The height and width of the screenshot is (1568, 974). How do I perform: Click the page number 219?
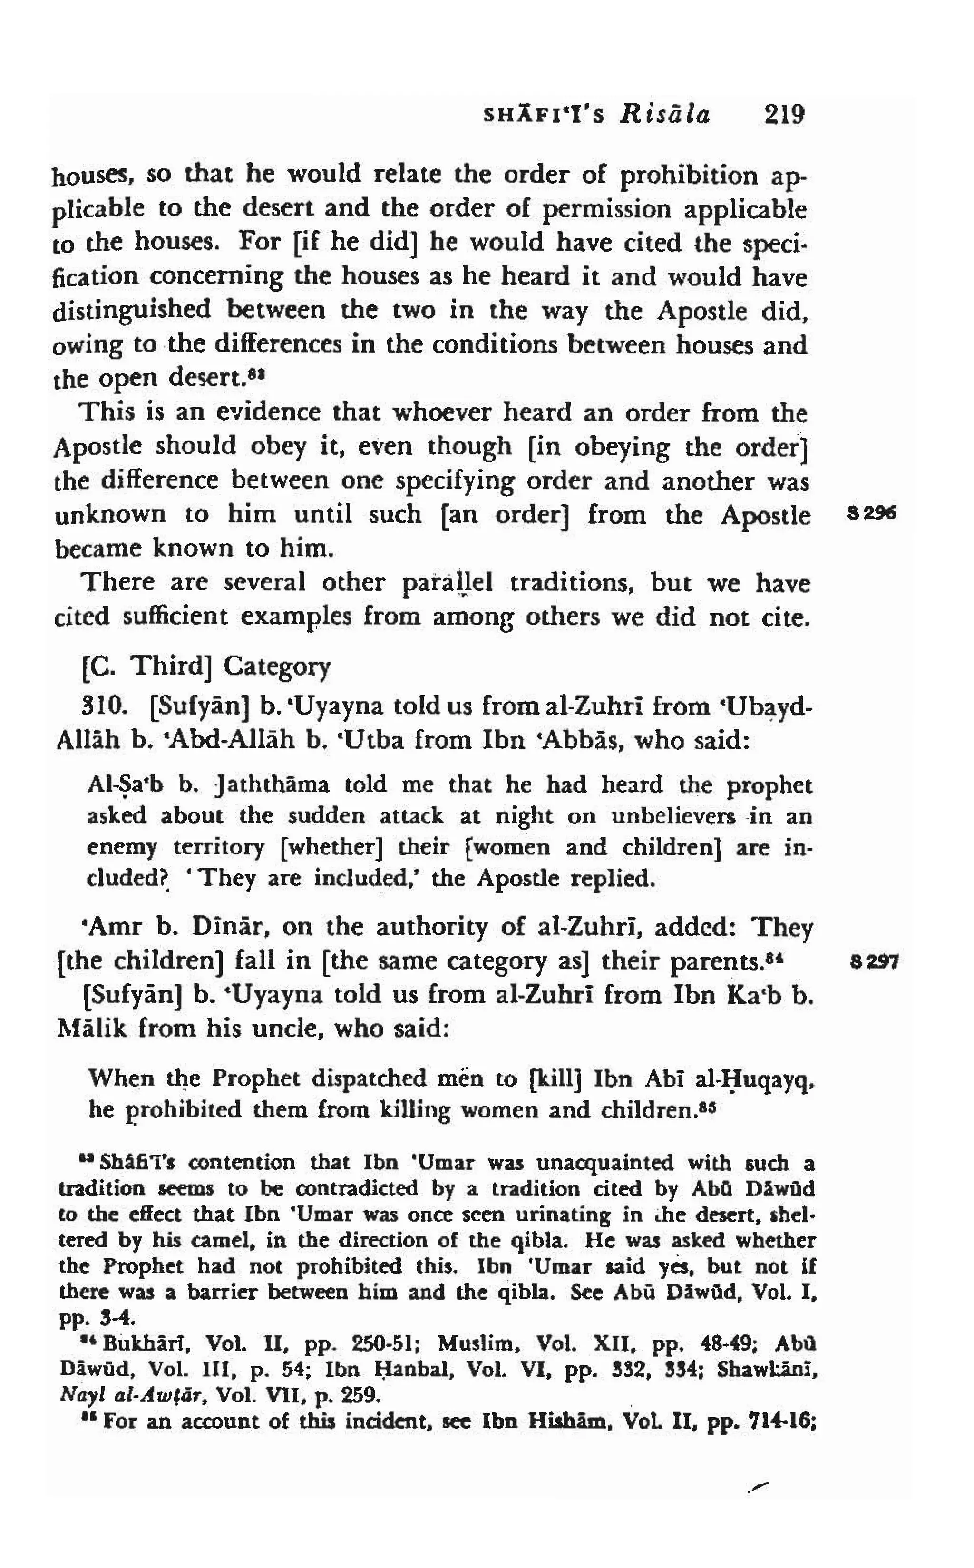pos(784,115)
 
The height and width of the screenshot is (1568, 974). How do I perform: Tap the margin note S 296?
pos(873,514)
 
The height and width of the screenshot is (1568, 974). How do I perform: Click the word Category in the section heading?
pos(277,667)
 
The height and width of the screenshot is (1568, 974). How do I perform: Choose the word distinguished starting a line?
pos(131,311)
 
